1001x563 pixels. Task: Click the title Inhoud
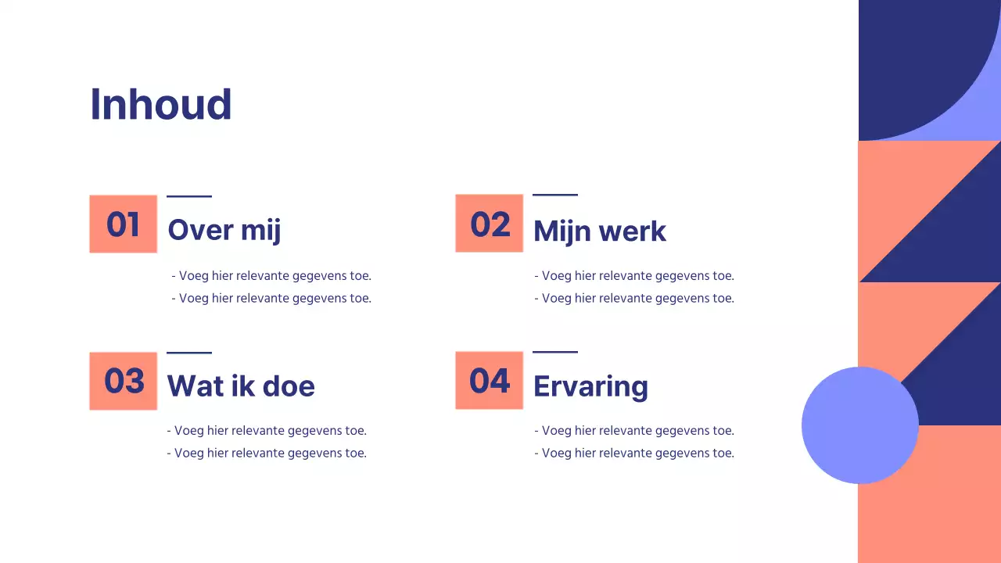[161, 104]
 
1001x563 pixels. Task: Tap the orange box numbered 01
[124, 224]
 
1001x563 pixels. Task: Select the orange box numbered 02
[490, 224]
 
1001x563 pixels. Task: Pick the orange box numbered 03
[124, 381]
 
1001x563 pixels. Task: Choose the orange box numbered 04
[490, 381]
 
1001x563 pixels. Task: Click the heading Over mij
[224, 230]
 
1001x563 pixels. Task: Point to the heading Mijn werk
[600, 231]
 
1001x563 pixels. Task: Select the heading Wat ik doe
[241, 386]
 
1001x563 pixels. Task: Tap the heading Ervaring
[590, 387]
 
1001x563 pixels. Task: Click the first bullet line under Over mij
[271, 276]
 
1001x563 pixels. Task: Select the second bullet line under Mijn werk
[634, 298]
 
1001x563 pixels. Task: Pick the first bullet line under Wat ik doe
[267, 431]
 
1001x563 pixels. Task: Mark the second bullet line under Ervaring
[634, 454]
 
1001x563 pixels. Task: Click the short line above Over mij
[189, 196]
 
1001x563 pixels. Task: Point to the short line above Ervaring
[555, 352]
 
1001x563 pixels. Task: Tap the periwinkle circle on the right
[859, 425]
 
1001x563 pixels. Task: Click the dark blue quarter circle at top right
[907, 63]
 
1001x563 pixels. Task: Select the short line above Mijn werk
[555, 195]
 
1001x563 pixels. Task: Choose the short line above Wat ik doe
[189, 353]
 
